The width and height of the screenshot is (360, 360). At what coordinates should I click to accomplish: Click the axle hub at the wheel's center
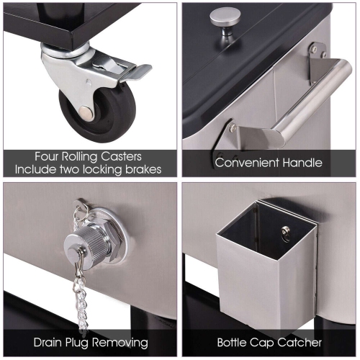[86, 112]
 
